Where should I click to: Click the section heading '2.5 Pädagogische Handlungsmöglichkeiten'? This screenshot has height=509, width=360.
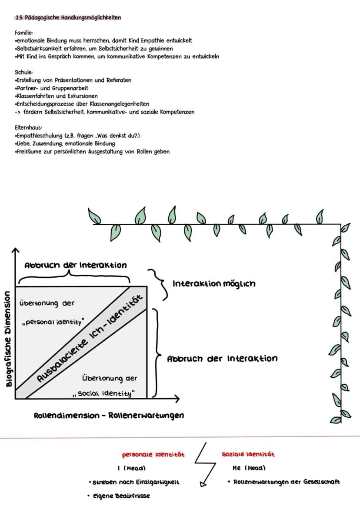[x=68, y=17]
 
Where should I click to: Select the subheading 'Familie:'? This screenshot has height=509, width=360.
[x=24, y=33]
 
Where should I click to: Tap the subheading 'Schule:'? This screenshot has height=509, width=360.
[x=24, y=73]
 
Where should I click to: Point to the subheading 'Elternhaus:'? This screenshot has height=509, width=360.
[x=28, y=127]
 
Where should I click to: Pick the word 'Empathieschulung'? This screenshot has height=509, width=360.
[x=39, y=136]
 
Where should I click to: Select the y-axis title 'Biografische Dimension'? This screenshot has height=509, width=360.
[x=9, y=339]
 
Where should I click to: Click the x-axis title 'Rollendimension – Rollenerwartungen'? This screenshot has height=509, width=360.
[x=109, y=416]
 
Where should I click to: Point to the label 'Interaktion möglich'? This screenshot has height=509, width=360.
[x=214, y=284]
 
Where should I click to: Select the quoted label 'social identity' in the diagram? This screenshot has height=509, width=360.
[x=104, y=394]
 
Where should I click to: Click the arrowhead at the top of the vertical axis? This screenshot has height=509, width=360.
[x=15, y=250]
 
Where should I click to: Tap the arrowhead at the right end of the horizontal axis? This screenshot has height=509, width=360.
[x=177, y=398]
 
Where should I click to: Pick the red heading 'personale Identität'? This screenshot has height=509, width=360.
[x=153, y=455]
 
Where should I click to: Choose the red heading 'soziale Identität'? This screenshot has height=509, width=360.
[x=248, y=455]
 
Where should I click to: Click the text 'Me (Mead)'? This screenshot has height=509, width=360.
[x=249, y=468]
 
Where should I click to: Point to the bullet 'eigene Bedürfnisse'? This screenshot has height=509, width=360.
[x=119, y=496]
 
